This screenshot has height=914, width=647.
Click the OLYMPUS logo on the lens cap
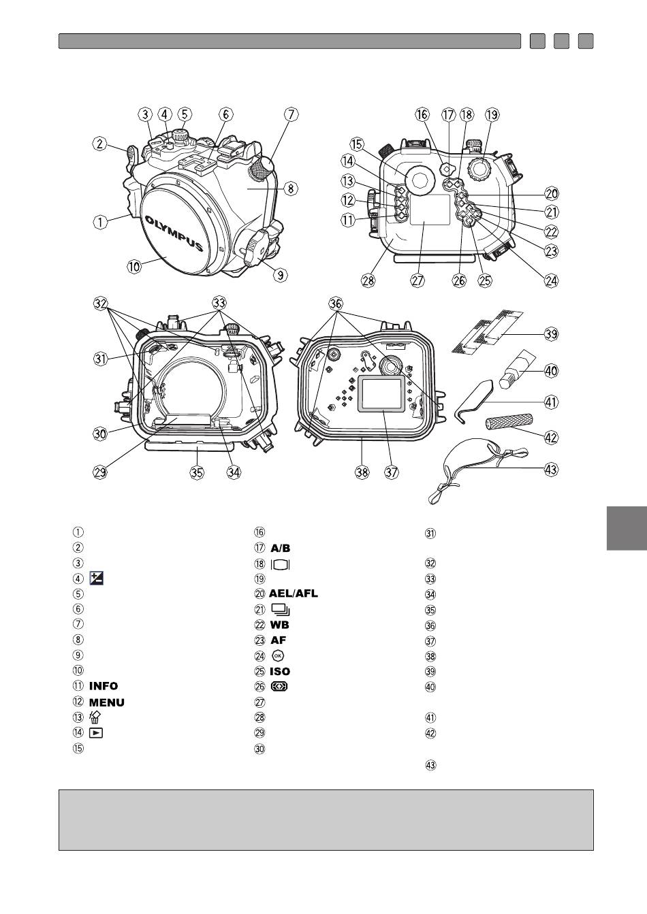[174, 234]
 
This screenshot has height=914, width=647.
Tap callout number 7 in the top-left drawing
[291, 114]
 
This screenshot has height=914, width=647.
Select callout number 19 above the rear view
[492, 114]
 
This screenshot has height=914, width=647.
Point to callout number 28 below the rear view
[368, 280]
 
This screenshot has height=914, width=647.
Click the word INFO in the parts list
[104, 686]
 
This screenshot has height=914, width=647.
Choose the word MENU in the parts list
[106, 702]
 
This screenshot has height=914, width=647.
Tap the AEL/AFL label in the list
[293, 593]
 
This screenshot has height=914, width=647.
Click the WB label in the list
[279, 625]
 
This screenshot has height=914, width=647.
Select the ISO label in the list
[280, 671]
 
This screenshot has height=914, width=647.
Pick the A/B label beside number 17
[280, 548]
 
